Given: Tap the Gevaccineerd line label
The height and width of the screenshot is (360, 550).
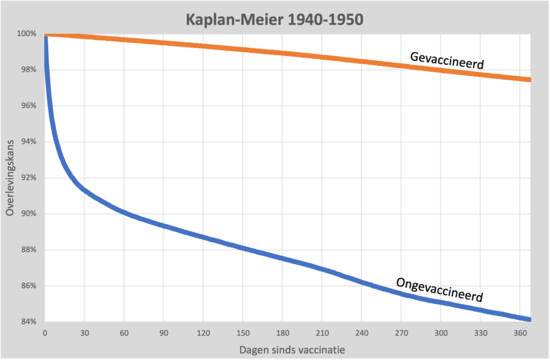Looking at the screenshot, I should click(447, 61).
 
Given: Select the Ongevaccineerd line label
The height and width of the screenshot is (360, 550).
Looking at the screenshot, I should click(439, 289).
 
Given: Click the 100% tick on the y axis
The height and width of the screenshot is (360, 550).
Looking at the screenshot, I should click(26, 34).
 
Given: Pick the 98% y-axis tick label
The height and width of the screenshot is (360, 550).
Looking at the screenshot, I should click(28, 70).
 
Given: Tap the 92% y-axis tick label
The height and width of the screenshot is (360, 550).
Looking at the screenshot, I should click(28, 178).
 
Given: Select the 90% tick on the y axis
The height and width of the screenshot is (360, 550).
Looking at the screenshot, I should click(28, 214).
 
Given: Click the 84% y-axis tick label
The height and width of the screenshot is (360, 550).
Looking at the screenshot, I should click(28, 322).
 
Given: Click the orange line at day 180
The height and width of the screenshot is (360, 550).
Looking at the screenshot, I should click(282, 53).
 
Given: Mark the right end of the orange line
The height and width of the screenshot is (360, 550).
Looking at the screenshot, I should click(530, 80).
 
